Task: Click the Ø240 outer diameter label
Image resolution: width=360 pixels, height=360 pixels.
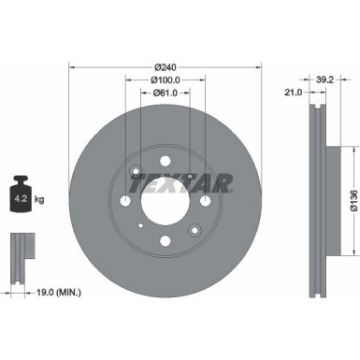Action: tap(164, 66)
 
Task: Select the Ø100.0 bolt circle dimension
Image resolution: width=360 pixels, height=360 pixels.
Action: tap(164, 79)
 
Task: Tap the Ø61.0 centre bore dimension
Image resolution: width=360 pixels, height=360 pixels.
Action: tap(164, 94)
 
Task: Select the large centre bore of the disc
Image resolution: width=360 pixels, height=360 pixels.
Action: tap(164, 201)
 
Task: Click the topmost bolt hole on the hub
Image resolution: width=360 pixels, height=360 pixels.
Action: tap(165, 161)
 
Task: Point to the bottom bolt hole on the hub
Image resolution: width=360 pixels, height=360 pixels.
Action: tap(165, 241)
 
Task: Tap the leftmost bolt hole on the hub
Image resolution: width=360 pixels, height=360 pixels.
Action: tap(124, 201)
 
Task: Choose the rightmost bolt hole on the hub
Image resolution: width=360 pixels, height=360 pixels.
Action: tap(204, 201)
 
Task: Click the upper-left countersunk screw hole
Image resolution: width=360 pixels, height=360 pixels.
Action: tap(137, 172)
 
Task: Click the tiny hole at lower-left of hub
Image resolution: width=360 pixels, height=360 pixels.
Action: tap(139, 224)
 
